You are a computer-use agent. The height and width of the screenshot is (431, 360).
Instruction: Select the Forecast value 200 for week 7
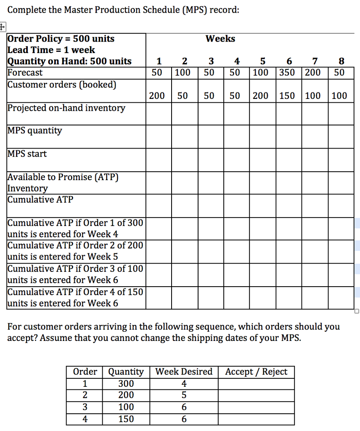click(x=312, y=72)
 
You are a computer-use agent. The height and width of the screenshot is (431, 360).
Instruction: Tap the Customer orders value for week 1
click(x=157, y=96)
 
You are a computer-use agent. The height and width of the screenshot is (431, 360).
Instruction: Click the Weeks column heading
click(x=220, y=39)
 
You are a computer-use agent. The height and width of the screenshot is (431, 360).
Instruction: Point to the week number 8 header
click(x=341, y=61)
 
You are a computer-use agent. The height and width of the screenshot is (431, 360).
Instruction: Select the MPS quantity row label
click(x=34, y=130)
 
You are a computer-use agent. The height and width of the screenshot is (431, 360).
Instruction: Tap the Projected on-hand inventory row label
click(x=66, y=108)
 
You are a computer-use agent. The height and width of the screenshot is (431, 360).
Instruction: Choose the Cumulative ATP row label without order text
click(x=40, y=200)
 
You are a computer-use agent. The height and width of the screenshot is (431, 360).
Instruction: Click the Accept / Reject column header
click(x=256, y=372)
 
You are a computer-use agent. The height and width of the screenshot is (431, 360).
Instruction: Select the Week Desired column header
click(x=184, y=372)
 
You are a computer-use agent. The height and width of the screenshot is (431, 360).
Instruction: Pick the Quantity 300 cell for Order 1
click(x=126, y=383)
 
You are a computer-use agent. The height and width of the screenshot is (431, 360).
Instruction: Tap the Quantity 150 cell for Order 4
click(x=126, y=419)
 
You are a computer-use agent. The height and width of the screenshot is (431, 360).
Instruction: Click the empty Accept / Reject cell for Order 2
click(x=256, y=395)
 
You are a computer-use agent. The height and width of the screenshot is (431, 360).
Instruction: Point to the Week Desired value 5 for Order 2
click(x=184, y=395)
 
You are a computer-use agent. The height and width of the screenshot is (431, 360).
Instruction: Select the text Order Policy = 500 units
click(x=61, y=39)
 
